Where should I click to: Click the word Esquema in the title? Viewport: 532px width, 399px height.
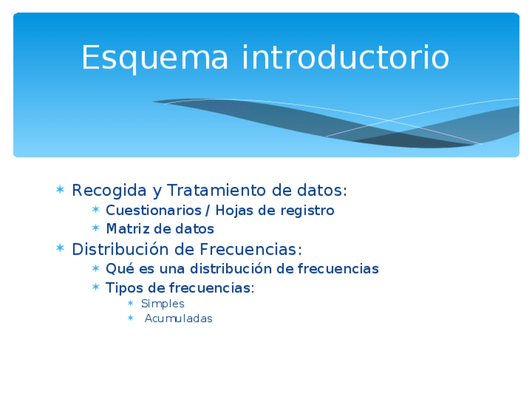(155, 58)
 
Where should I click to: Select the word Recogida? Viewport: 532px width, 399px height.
(109, 191)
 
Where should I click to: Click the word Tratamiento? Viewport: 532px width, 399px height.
(216, 190)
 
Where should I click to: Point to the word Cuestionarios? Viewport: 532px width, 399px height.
(154, 210)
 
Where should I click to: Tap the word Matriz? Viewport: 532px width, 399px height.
(128, 229)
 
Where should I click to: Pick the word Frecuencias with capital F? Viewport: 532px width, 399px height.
(250, 250)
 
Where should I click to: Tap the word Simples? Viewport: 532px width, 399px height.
(163, 304)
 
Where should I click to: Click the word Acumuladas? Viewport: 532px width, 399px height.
(178, 319)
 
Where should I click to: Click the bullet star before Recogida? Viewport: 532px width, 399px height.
(60, 189)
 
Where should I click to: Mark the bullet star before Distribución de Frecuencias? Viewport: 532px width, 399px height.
(60, 248)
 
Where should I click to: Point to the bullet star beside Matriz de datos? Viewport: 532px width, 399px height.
(96, 228)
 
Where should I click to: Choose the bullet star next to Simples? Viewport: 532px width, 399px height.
(130, 303)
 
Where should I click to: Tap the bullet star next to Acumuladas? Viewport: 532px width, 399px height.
(130, 318)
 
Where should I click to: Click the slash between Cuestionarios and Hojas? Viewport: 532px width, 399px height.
(208, 211)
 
